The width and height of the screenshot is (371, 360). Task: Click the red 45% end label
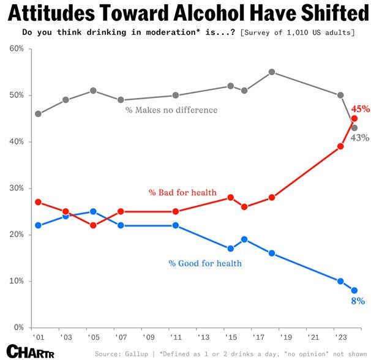click(360, 109)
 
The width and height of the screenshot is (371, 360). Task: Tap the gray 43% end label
click(359, 138)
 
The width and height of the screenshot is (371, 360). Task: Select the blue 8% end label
click(358, 301)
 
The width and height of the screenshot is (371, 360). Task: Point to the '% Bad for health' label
click(182, 192)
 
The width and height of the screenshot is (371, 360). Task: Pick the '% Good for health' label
click(204, 263)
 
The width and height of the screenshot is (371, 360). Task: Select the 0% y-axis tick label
click(18, 328)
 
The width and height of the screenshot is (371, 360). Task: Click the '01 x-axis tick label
click(37, 337)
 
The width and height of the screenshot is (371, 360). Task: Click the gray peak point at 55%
click(272, 72)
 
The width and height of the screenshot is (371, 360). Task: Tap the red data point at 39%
click(340, 146)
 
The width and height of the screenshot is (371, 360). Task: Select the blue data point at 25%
click(93, 212)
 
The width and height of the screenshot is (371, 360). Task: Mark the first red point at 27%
click(39, 202)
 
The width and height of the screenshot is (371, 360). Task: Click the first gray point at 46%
click(39, 114)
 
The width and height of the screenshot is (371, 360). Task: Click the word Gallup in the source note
click(138, 353)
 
